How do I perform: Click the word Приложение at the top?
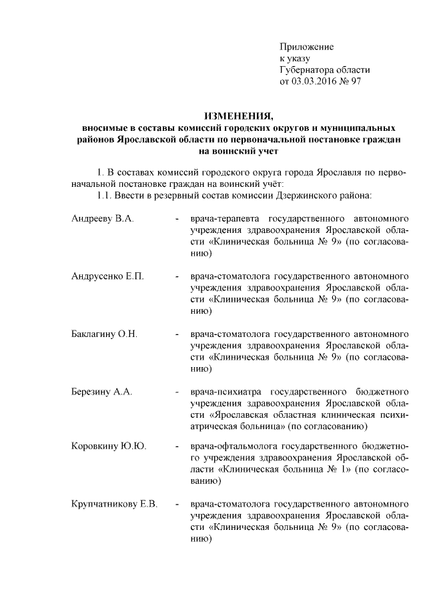pos(306,47)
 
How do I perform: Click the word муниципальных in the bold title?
pos(366,127)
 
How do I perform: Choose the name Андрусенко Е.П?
pos(107,276)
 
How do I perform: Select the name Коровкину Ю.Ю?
pos(108,446)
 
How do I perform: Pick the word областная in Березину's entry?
pos(293,413)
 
